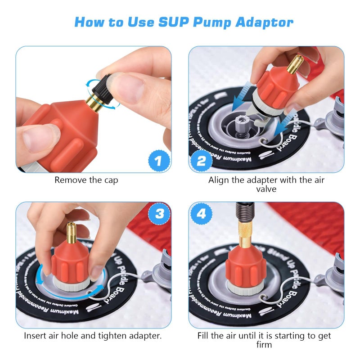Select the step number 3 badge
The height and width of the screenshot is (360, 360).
coord(158,214)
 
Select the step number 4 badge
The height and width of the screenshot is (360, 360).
coord(201,214)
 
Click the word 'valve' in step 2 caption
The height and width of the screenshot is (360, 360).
coord(266,189)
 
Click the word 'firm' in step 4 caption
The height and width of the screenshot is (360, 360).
coord(266,345)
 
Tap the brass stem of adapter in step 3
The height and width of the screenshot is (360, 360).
coord(71,233)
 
